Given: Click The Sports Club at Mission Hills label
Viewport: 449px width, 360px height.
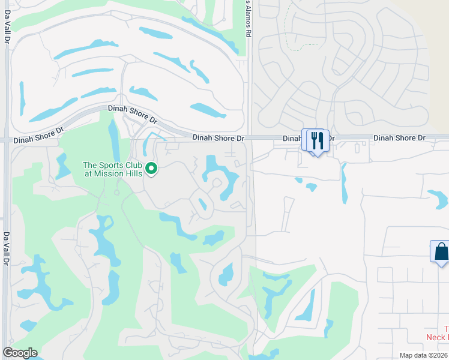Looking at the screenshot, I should pos(112,169).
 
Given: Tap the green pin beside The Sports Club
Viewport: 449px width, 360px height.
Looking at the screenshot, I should pos(151,169).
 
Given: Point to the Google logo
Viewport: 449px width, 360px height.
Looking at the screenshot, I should pos(20,353).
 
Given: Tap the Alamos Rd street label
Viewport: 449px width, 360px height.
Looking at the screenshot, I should pos(247,18).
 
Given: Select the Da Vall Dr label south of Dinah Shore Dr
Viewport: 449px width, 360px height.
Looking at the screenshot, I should pos(7,250).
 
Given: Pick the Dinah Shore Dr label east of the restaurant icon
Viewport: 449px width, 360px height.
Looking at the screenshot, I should pos(399,138).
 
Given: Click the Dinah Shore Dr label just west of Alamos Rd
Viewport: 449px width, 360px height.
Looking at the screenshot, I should pos(218,138).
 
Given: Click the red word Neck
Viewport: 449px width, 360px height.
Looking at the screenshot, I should pos(435,337).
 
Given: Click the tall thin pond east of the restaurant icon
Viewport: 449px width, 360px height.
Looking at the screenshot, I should pos(343,182).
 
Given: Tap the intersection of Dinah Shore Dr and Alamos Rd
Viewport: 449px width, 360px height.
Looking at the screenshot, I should pos(249,138).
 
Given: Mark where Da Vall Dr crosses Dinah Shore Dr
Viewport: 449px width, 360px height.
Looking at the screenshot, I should pos(6,139).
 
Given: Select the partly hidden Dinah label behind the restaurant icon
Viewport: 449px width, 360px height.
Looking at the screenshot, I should pos(292,139).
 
